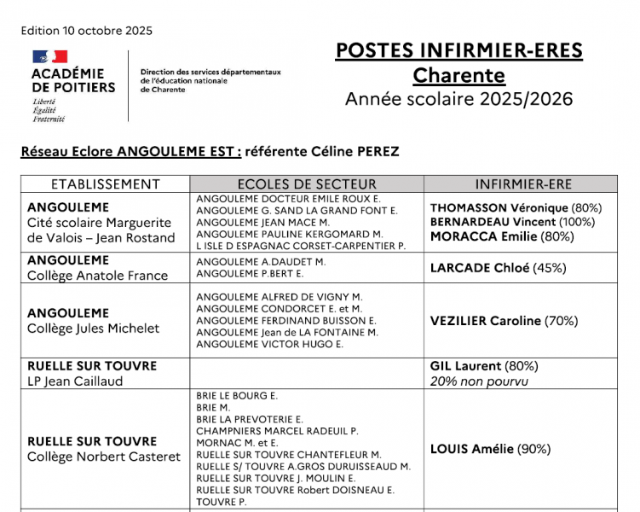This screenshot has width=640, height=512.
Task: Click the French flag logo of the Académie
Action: [x=49, y=57]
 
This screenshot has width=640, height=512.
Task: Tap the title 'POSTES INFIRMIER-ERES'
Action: [x=458, y=50]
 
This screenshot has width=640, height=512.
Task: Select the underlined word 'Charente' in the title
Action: [x=458, y=75]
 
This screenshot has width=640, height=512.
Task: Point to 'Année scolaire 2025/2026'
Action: [x=458, y=99]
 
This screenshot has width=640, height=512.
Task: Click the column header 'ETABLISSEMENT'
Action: [x=106, y=184]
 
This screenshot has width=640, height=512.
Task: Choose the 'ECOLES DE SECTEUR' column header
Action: [x=307, y=184]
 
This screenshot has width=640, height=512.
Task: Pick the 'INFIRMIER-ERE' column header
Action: [x=522, y=184]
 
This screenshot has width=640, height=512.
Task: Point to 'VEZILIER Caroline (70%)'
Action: [x=504, y=321]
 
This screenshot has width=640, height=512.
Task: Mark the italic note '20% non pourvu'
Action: [x=479, y=381]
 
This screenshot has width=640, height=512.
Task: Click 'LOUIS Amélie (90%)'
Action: [x=490, y=449]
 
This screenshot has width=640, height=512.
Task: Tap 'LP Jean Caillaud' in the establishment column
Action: [x=75, y=381]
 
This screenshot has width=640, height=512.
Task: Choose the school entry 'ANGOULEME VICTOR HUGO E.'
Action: [x=269, y=345]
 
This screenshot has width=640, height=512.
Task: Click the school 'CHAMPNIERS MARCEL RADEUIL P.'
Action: [x=277, y=432]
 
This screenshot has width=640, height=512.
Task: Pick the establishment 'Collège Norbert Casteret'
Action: [x=104, y=457]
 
